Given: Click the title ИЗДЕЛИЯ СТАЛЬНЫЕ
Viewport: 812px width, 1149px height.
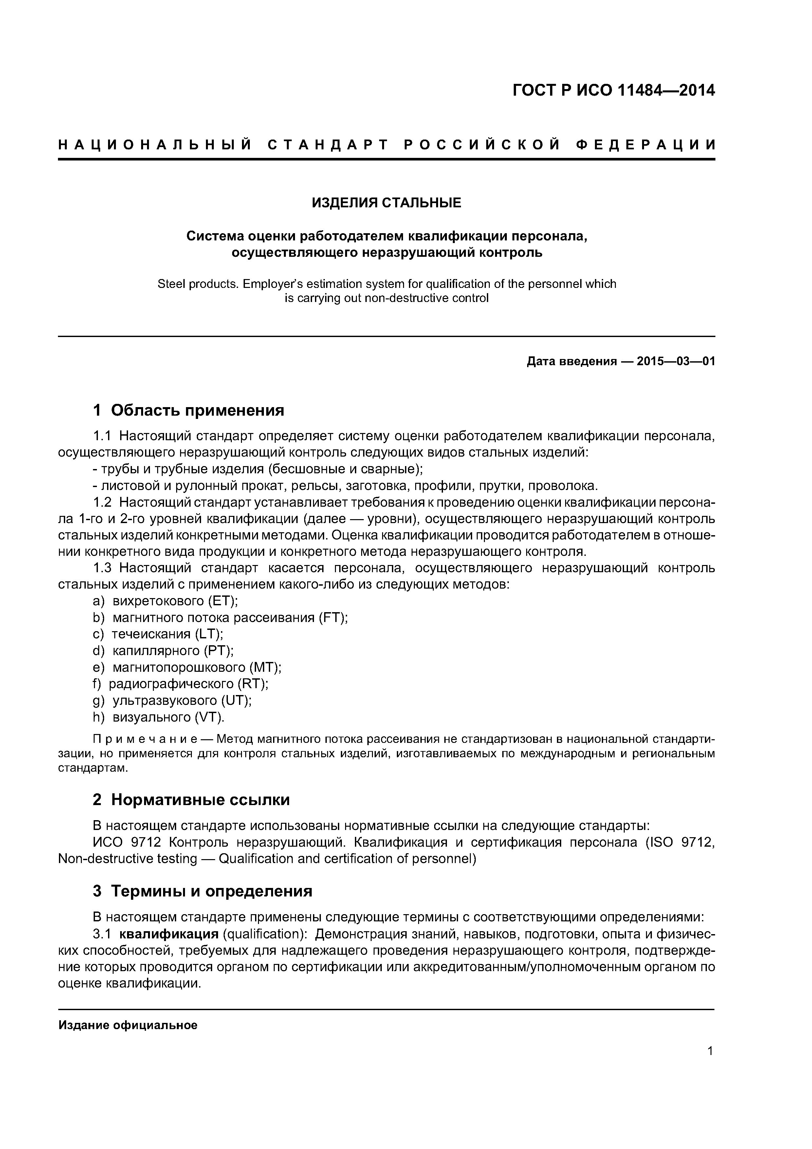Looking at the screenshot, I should point(386,203).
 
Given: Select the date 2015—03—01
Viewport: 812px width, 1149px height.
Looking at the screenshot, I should point(676,361).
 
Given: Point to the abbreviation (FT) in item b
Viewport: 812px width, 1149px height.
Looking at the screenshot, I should point(333,617).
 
